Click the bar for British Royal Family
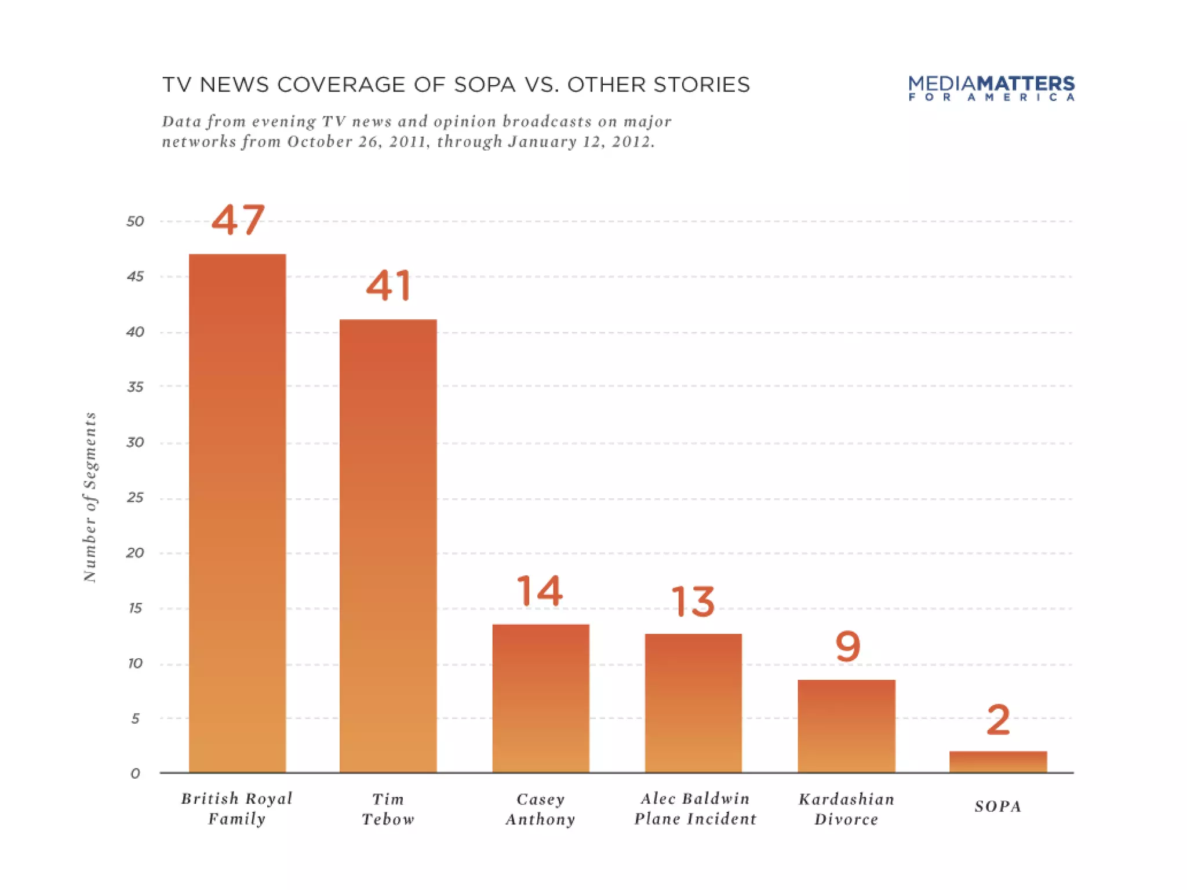click(237, 513)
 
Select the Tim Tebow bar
click(388, 545)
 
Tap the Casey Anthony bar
click(541, 698)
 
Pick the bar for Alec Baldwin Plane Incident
click(693, 702)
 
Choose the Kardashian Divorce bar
click(846, 725)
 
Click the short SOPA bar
click(998, 761)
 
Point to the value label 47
click(238, 220)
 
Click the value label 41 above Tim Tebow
click(388, 286)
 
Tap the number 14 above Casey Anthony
click(539, 591)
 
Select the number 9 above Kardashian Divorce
click(847, 647)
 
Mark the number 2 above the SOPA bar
click(998, 720)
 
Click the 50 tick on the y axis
click(135, 221)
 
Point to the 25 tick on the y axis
click(135, 498)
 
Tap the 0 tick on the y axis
click(135, 774)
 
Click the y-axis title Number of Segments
click(90, 497)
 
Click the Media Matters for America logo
click(991, 88)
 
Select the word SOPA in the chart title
click(485, 85)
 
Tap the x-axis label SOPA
click(997, 807)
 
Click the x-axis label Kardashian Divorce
click(846, 809)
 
